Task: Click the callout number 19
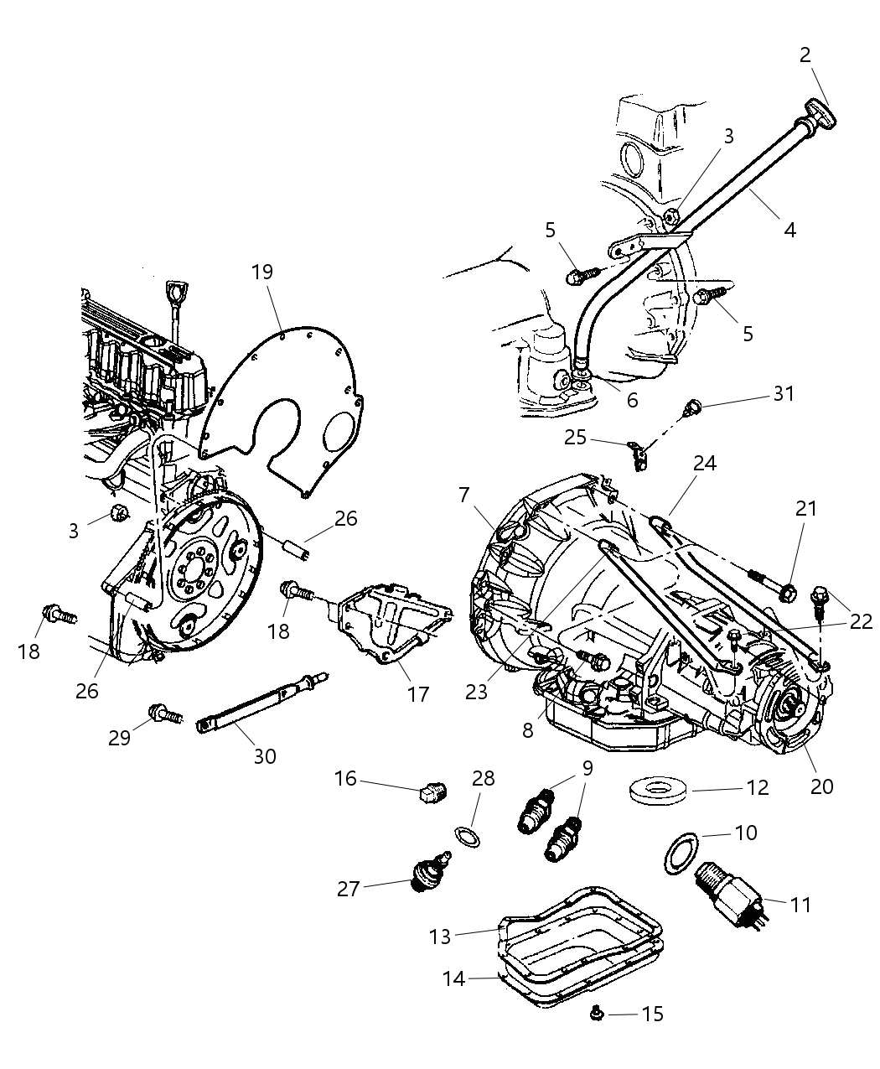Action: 261,272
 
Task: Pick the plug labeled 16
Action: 433,791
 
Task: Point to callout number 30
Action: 265,756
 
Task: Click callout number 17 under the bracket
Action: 417,693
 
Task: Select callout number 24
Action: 705,463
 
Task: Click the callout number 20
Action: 822,786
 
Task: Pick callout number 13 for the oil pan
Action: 441,936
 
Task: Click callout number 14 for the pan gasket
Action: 453,978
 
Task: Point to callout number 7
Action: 463,495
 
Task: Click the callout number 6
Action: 632,400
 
